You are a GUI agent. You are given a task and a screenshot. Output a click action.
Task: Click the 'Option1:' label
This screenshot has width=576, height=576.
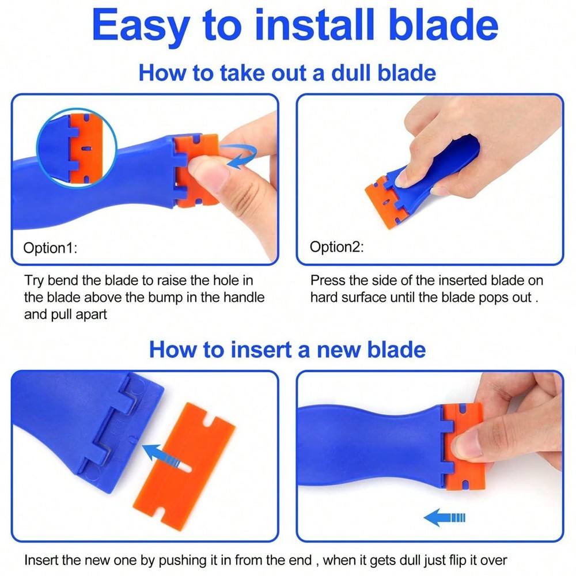point(50,248)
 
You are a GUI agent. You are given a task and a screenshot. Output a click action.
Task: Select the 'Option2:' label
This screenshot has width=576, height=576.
point(336,247)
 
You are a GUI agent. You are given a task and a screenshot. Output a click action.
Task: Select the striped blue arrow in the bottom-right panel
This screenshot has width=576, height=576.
point(444,518)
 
